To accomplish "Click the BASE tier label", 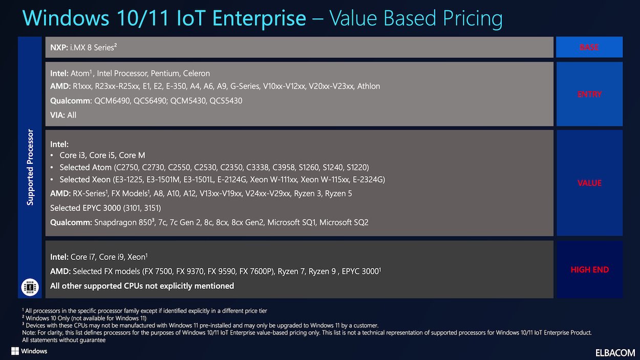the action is (x=589, y=47).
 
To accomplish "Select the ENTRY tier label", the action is (x=589, y=94).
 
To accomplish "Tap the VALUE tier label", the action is (x=589, y=183).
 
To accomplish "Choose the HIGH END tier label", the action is (x=590, y=270).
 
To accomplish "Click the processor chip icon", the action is (x=30, y=287).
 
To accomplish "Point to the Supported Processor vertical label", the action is (x=30, y=167).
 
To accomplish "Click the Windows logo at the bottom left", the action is (x=15, y=351).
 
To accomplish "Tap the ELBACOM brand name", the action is (x=615, y=353).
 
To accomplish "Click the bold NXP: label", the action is (x=59, y=48).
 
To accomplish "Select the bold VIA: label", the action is (x=57, y=115).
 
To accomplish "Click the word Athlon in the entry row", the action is (x=369, y=86).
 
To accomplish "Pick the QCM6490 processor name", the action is (x=112, y=101).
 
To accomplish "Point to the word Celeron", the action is (x=196, y=73).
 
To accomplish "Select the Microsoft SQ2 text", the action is (x=344, y=223).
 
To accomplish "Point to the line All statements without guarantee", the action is (x=63, y=340).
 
